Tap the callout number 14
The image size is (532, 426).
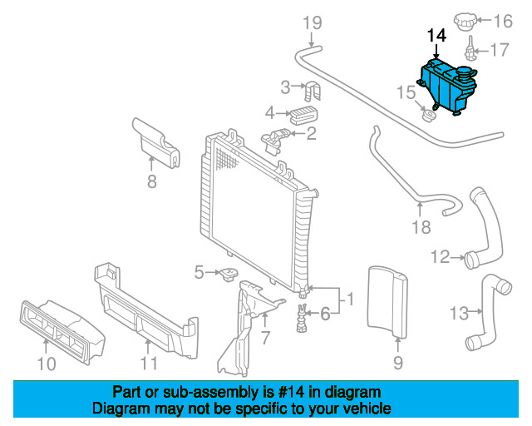point(436,36)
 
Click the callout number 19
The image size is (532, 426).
point(311,22)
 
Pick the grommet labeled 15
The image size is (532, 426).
point(430,114)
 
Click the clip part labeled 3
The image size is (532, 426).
point(313,87)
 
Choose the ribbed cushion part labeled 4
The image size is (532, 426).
point(308,111)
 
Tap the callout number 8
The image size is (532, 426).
point(151,181)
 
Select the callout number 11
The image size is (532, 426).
point(149,363)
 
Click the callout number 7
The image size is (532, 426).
point(265,338)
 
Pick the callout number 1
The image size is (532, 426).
point(350,297)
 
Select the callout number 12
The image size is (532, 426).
point(440,255)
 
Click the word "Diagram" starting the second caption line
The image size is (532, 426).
point(119,409)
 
